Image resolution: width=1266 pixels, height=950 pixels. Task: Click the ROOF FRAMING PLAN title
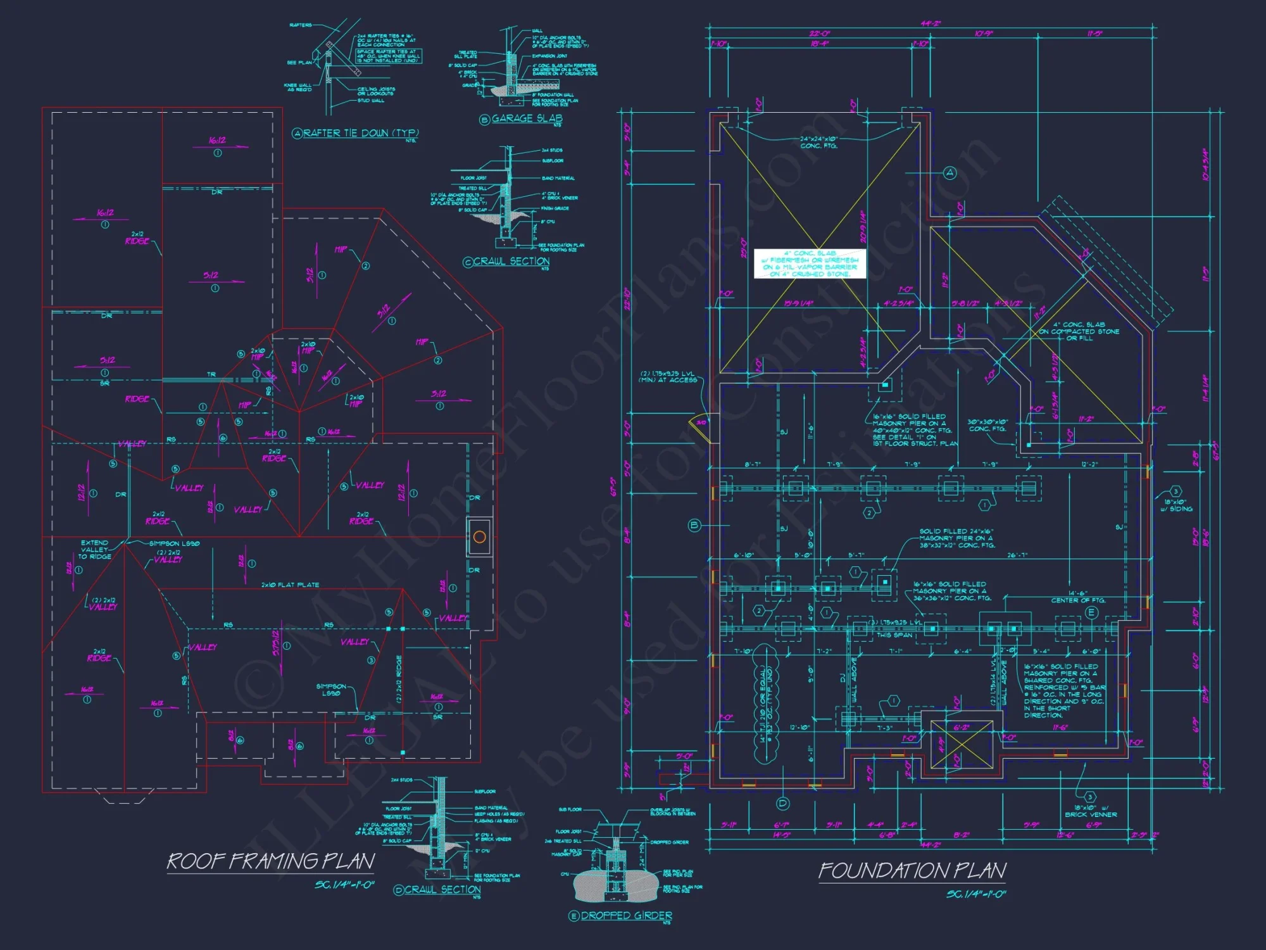[x=270, y=861]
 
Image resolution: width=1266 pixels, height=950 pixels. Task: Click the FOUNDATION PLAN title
[x=912, y=871]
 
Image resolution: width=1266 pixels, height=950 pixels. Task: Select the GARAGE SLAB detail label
[x=527, y=118]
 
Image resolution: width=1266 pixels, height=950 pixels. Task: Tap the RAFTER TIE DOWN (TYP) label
[x=360, y=133]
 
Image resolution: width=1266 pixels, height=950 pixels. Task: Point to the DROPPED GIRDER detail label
[x=626, y=916]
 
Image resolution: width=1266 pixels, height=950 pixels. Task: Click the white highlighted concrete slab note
[x=810, y=263]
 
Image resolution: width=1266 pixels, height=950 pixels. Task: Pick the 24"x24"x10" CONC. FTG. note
[x=818, y=142]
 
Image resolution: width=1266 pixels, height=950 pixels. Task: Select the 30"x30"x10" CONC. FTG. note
[x=987, y=426]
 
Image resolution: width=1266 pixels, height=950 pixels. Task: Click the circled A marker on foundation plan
[x=949, y=173]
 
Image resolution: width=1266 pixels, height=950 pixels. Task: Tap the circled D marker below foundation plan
[x=783, y=804]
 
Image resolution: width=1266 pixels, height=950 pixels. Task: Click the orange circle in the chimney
[x=479, y=538]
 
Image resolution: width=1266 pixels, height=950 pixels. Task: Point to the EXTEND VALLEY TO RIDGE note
[x=95, y=550]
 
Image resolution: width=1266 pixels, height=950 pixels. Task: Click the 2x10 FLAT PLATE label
[x=291, y=585]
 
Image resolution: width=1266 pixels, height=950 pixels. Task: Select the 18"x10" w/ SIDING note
[x=1176, y=505]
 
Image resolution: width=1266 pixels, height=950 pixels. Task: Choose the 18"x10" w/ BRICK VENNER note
[x=1091, y=811]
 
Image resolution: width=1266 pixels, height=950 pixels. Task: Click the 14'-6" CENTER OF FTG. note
[x=1078, y=597]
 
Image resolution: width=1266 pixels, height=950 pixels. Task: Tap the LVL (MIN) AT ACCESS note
[x=668, y=377]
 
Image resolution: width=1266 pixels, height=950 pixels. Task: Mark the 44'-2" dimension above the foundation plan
[x=931, y=24]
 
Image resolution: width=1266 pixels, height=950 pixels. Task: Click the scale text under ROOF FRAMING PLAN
[x=344, y=885]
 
